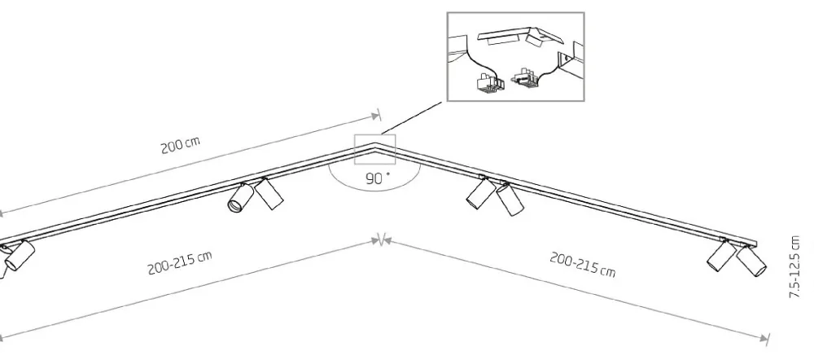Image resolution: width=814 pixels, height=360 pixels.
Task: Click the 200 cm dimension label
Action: pyautogui.click(x=180, y=145)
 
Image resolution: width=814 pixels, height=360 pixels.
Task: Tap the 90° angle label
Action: pyautogui.click(x=378, y=178)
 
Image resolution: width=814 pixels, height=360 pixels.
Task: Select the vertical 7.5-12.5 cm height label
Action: pyautogui.click(x=794, y=266)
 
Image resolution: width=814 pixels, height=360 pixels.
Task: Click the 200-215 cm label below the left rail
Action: pyautogui.click(x=180, y=263)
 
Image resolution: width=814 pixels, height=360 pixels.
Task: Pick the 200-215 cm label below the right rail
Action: pyautogui.click(x=583, y=265)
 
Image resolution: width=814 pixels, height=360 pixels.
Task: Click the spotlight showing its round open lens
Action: pyautogui.click(x=240, y=198)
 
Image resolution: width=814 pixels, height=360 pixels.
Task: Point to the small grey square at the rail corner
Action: pyautogui.click(x=374, y=150)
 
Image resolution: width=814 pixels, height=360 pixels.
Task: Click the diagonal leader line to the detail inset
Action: pyautogui.click(x=411, y=118)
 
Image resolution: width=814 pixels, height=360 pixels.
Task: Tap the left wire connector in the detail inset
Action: pyautogui.click(x=489, y=83)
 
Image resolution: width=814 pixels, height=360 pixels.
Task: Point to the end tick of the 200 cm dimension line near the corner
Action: pyautogui.click(x=379, y=115)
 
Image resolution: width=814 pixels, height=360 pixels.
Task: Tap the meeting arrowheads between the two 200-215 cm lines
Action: pyautogui.click(x=382, y=240)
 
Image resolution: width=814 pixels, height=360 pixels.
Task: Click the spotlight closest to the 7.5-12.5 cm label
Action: pyautogui.click(x=751, y=261)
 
